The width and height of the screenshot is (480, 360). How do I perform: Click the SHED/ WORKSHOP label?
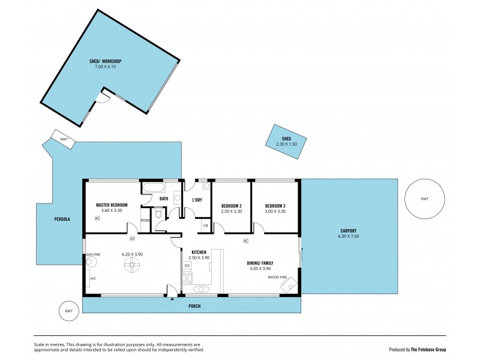(105, 61)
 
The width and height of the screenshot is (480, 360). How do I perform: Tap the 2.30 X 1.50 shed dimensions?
(286, 145)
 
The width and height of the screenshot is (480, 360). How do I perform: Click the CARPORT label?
(348, 231)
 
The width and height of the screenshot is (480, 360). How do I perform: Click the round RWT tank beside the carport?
(424, 199)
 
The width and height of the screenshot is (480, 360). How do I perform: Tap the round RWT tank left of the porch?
(69, 311)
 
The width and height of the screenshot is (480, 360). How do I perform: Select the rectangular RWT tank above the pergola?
(63, 139)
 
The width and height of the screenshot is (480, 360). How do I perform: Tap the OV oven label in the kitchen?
(187, 265)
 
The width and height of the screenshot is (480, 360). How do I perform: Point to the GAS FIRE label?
(93, 255)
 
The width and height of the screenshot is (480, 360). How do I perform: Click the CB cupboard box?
(205, 226)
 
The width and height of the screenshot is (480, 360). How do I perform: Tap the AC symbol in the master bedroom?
(97, 219)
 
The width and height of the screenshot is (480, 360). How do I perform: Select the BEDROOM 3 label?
(275, 205)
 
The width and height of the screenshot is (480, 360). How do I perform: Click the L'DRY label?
(196, 200)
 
